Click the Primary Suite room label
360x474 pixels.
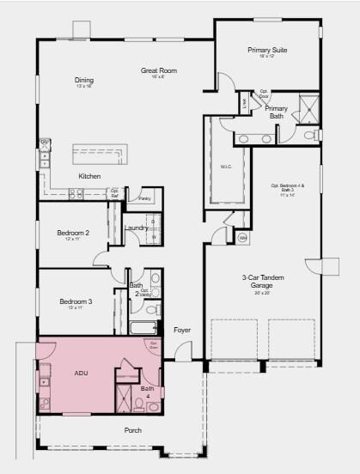(267, 51)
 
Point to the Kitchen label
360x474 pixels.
(89, 176)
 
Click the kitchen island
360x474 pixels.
(100, 155)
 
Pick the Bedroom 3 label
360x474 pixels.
(76, 301)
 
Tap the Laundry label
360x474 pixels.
(136, 228)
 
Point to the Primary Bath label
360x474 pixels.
(276, 112)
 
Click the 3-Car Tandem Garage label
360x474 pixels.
(262, 282)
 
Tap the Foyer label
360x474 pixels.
(181, 330)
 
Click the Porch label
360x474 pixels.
(133, 430)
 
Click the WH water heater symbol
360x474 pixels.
(242, 237)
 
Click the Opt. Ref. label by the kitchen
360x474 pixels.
(114, 193)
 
